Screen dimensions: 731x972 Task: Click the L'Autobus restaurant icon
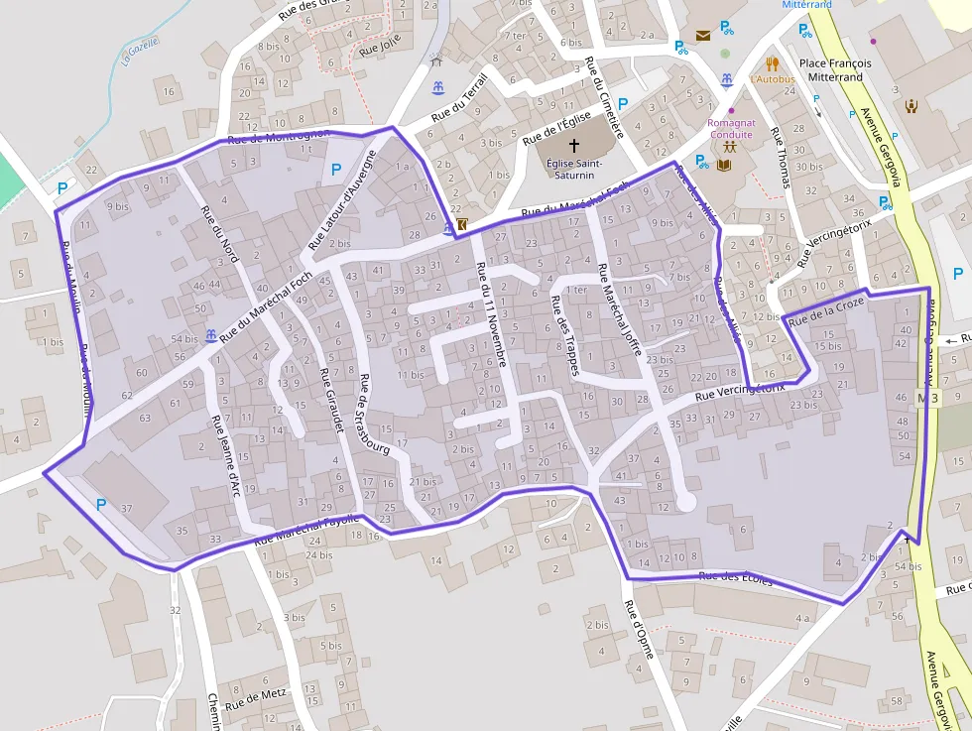[x=773, y=64]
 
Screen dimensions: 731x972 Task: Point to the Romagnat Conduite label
[x=731, y=129]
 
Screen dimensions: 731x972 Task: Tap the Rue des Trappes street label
[x=563, y=334]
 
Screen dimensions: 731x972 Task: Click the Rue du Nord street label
[x=219, y=234]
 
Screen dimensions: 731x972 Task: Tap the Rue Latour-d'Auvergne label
[x=342, y=199]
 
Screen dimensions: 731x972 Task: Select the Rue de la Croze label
[x=825, y=312]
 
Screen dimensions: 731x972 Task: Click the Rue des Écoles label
[x=735, y=578]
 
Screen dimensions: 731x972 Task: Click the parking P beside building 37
[x=100, y=505]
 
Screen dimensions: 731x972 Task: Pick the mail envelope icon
[x=703, y=36]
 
